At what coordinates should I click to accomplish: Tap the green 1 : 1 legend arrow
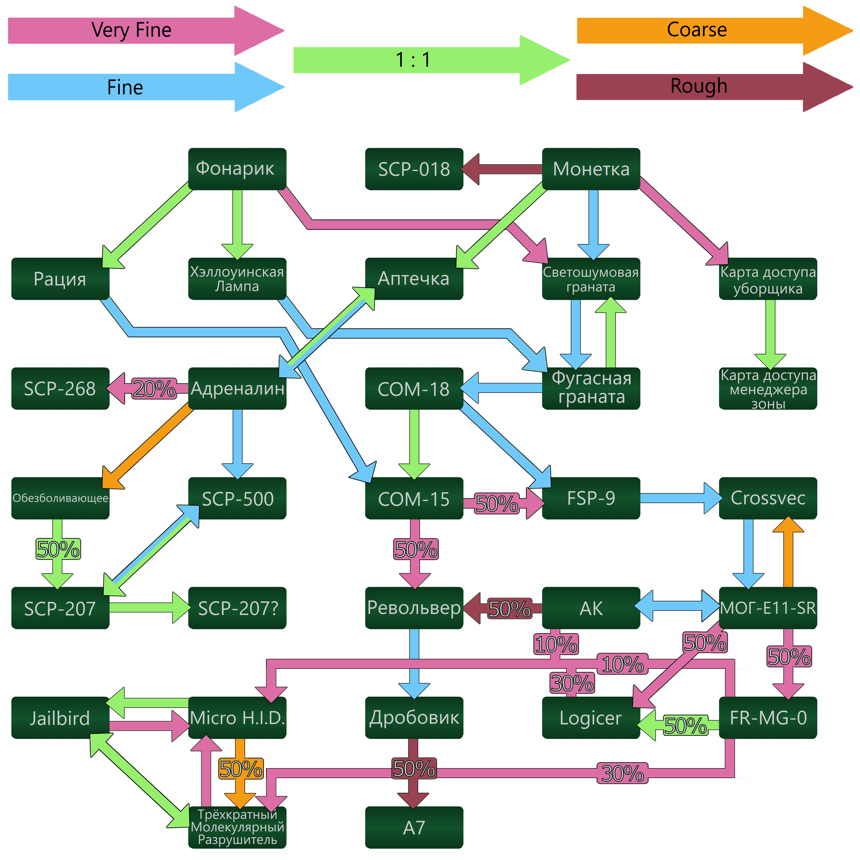[414, 60]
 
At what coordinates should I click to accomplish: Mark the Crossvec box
[768, 498]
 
